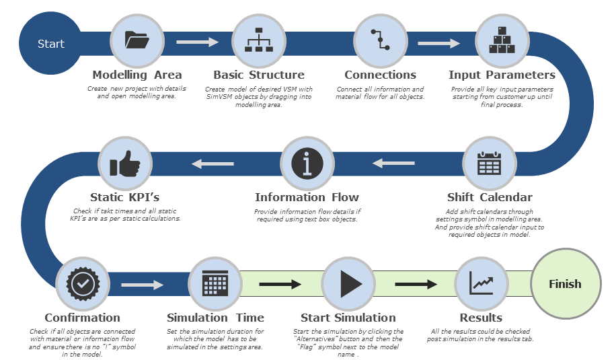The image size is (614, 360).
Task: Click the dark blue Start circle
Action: click(50, 44)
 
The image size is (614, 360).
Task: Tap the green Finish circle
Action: click(565, 284)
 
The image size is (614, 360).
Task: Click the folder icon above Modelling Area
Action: click(137, 41)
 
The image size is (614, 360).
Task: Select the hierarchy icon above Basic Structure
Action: click(259, 41)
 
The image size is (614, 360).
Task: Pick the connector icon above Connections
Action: click(381, 41)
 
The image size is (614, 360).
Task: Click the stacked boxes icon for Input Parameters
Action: click(502, 41)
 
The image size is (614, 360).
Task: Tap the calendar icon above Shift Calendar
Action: click(489, 164)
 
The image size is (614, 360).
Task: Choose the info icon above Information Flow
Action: click(307, 164)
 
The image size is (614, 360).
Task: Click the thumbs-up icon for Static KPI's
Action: click(124, 164)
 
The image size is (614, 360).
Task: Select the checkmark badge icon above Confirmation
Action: click(83, 284)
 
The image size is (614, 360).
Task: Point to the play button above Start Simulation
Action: click(348, 284)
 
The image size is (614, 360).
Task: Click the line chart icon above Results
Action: click(481, 284)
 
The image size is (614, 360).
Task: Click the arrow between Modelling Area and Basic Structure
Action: click(198, 42)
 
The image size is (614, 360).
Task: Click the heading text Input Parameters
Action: click(502, 75)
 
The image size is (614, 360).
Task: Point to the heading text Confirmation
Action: click(83, 318)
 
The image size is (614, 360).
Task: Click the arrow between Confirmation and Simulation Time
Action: click(142, 285)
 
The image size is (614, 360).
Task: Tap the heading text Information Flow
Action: click(307, 197)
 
